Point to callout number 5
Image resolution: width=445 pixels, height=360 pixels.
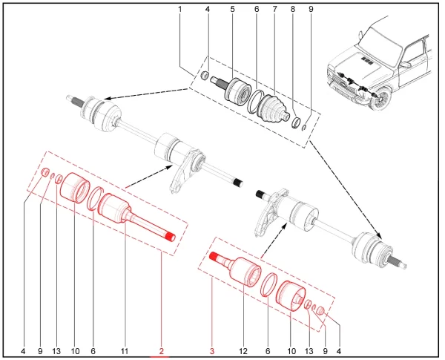[x=232, y=9]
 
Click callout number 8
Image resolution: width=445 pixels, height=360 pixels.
[x=293, y=9]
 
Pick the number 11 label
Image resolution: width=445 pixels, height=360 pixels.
[x=125, y=350]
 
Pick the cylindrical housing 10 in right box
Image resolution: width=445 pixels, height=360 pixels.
[x=290, y=298]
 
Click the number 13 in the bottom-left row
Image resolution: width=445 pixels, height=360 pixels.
[x=57, y=350]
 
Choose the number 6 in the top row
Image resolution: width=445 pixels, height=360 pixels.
[x=256, y=9]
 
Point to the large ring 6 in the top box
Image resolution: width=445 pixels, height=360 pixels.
[x=256, y=102]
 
